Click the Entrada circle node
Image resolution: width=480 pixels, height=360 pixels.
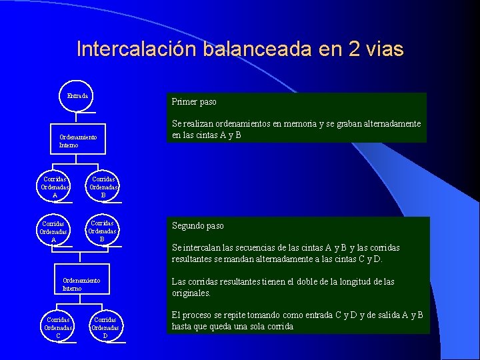point(77,96)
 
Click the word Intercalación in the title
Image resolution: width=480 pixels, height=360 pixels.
point(132,50)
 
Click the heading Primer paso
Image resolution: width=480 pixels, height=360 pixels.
point(194,102)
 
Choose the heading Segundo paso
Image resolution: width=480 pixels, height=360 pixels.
point(198,226)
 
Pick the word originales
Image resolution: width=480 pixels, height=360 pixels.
point(191,293)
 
